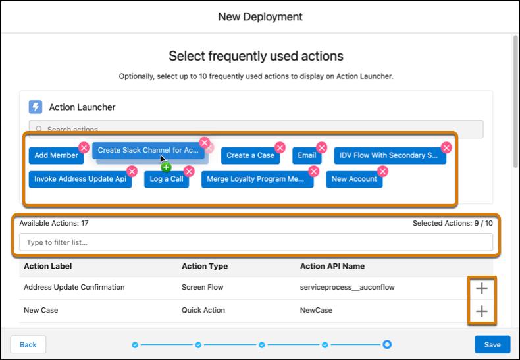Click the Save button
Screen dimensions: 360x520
[x=492, y=344]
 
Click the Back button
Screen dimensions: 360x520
[x=28, y=344]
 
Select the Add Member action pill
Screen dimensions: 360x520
[x=55, y=155]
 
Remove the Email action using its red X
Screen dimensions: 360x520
[x=321, y=147]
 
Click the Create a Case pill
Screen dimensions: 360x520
[x=250, y=155]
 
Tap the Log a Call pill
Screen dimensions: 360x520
[x=167, y=179]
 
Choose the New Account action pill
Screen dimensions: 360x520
[x=354, y=179]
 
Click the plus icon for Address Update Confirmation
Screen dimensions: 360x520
[x=482, y=288]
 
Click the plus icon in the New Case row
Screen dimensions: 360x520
[x=482, y=311]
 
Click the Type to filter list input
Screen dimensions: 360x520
[x=256, y=242]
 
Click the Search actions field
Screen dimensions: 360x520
[x=256, y=129]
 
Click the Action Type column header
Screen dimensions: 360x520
[x=205, y=266]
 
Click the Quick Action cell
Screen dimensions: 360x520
[x=203, y=311]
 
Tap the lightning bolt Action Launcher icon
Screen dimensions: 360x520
[x=36, y=107]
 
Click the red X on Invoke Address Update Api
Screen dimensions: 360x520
[x=132, y=171]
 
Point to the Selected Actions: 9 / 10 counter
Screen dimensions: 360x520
[x=452, y=223]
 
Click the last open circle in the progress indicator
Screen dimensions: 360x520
[x=387, y=344]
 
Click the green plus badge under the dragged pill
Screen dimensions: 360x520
[x=166, y=167]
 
